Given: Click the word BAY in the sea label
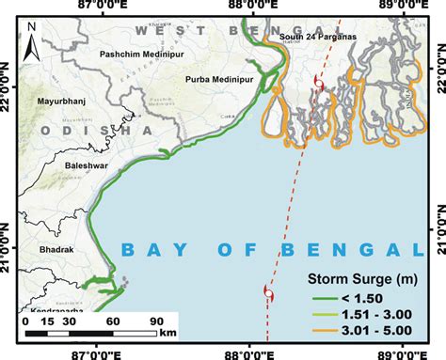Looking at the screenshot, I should click(151, 249).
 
